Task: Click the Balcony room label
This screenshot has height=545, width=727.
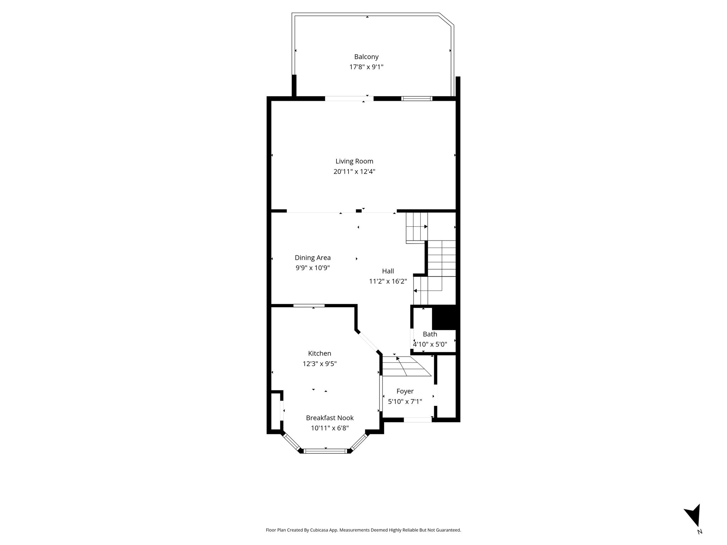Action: coord(366,57)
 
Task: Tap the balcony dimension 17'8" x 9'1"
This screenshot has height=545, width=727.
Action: coord(366,67)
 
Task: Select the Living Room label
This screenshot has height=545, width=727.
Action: coord(354,161)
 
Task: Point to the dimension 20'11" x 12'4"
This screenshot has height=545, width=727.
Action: coord(354,172)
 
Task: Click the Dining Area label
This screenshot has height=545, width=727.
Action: coord(313,258)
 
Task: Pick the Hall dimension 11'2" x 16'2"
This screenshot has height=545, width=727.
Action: coord(388,281)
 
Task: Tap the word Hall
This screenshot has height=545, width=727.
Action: coord(388,271)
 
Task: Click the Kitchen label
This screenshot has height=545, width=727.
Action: coord(319,353)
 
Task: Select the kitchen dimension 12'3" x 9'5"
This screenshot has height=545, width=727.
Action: coord(319,364)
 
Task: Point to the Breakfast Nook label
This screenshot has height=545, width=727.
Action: coord(330,418)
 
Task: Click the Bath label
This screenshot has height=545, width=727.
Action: coord(430,334)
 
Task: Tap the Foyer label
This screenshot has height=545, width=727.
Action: coord(405,391)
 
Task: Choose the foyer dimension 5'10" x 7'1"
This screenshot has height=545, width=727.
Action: coord(405,402)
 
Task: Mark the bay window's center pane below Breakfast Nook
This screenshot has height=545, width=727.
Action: coord(325,451)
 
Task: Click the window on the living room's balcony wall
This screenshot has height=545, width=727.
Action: coord(417,99)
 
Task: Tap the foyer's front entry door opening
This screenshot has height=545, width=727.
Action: coord(418,420)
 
